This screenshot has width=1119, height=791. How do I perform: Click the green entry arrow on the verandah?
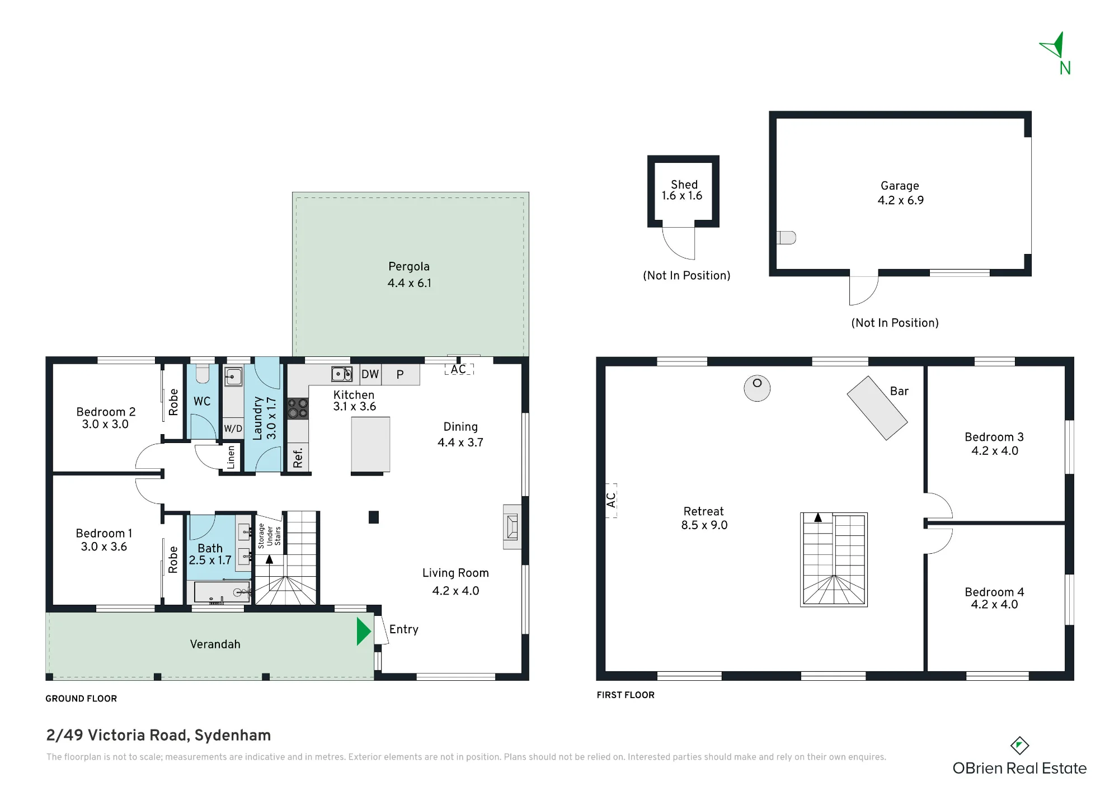tap(364, 631)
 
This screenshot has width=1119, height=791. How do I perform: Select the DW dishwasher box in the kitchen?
tap(370, 374)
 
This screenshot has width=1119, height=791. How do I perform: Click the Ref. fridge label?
tap(298, 458)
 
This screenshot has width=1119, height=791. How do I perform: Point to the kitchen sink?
tap(341, 374)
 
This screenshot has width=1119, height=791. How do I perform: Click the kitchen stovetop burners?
tap(298, 408)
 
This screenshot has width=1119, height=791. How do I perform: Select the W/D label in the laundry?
tap(233, 429)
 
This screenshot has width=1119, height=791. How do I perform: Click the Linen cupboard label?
tap(231, 457)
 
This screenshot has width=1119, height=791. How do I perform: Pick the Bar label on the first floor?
tap(899, 392)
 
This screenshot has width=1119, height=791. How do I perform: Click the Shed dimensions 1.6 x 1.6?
tap(682, 196)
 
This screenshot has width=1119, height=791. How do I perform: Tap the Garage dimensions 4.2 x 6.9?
tap(900, 200)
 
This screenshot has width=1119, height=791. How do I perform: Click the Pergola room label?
tap(409, 267)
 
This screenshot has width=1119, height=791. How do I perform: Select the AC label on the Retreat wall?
tap(611, 500)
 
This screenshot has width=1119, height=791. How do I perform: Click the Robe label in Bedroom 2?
tap(173, 402)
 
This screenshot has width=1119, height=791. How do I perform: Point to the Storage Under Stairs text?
tap(269, 536)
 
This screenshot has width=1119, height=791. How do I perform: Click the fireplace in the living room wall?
tap(512, 527)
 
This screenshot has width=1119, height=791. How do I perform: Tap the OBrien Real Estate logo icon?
tap(1019, 745)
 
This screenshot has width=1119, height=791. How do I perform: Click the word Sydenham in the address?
tap(233, 736)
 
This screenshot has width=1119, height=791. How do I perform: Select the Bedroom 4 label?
tap(994, 592)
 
